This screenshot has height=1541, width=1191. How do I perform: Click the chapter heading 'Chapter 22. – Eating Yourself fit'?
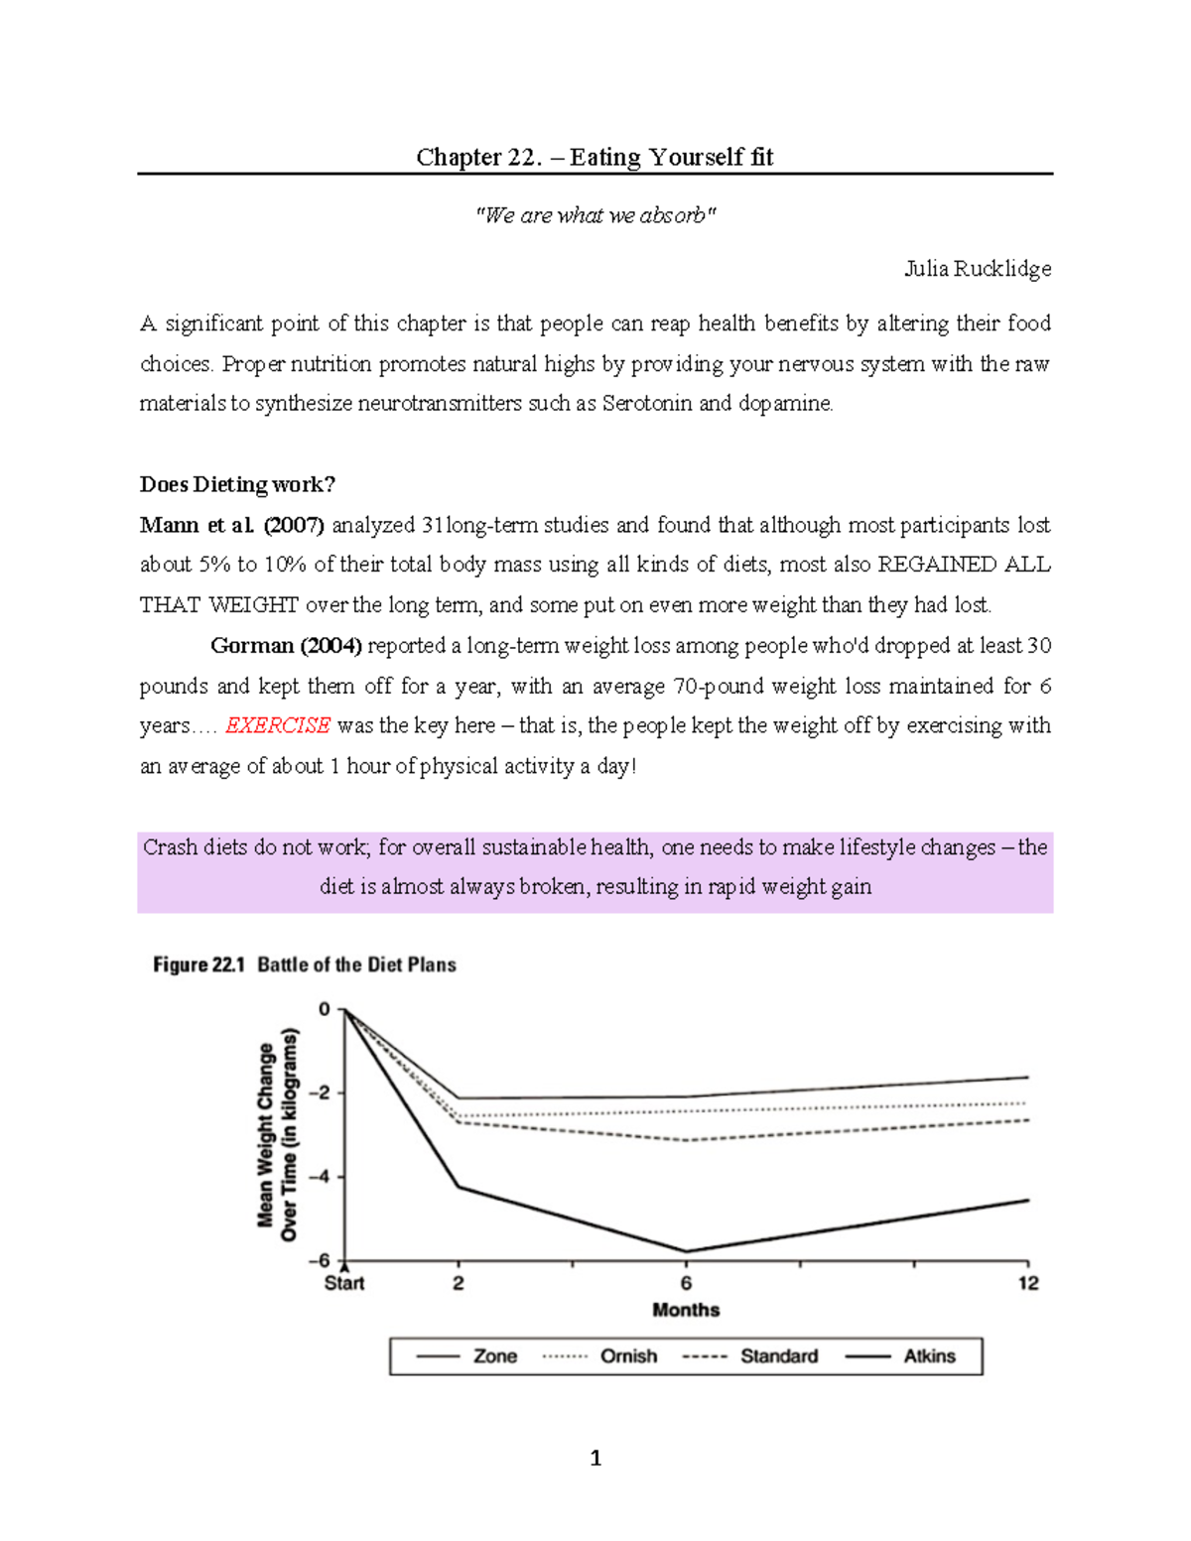click(x=595, y=157)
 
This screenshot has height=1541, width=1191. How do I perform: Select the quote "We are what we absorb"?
click(x=595, y=215)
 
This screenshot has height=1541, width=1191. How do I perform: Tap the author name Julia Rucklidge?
click(x=977, y=269)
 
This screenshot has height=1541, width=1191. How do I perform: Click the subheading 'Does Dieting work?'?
click(x=237, y=484)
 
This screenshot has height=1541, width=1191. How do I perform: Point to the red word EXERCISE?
click(x=277, y=725)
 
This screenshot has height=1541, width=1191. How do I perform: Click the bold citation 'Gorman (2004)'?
click(x=287, y=646)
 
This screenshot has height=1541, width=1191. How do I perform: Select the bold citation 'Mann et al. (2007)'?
click(x=232, y=525)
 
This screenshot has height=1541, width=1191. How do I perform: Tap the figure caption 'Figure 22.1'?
click(x=198, y=964)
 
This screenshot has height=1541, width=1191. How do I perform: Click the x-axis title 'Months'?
click(x=686, y=1310)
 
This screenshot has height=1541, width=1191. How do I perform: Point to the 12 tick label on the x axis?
click(x=1028, y=1283)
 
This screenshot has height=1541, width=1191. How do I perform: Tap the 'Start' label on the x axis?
click(x=344, y=1283)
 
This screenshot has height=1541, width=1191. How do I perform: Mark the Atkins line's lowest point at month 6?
click(x=686, y=1251)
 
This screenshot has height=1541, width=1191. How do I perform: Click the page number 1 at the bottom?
click(x=595, y=1458)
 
